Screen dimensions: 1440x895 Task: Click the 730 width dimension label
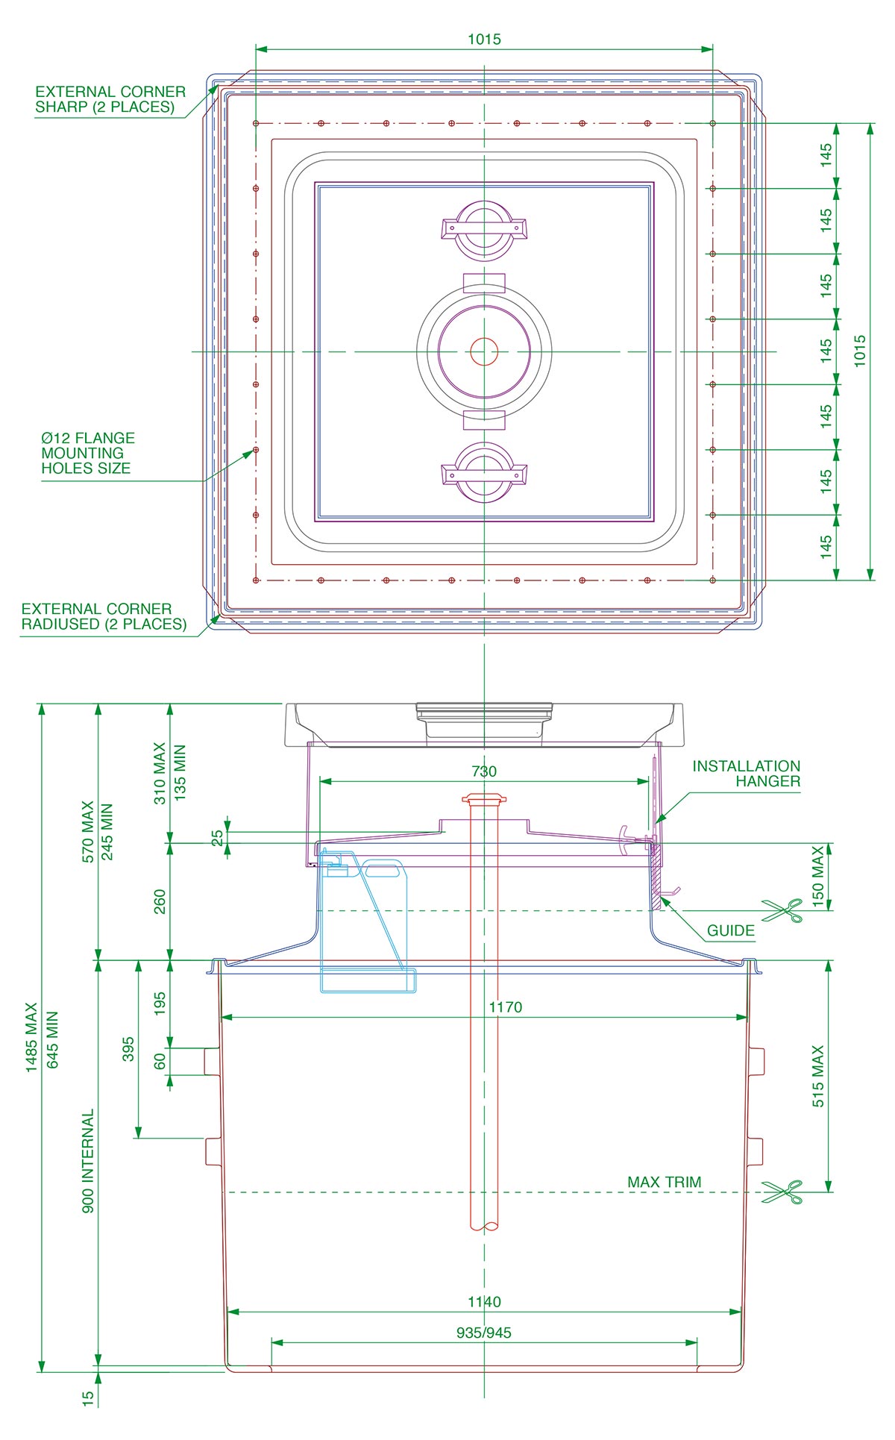[484, 771]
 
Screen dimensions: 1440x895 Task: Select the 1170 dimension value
[505, 1007]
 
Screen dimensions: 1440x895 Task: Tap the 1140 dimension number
[484, 1302]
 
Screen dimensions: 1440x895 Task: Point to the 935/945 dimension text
[484, 1333]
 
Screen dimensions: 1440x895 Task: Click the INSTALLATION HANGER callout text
[746, 774]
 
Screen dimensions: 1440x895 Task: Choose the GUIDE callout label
[730, 930]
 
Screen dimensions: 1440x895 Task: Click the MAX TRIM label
[664, 1183]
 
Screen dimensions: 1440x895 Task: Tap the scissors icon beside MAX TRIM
[782, 1192]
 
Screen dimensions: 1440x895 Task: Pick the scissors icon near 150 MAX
[782, 910]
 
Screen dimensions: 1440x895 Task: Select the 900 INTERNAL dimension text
[88, 1161]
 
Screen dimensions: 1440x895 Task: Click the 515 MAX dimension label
[818, 1076]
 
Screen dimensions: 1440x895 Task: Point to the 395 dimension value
[128, 1048]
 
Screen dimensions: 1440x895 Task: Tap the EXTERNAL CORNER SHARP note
[110, 99]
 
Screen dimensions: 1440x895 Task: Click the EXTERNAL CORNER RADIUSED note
[104, 617]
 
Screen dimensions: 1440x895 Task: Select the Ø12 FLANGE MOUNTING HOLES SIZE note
[87, 453]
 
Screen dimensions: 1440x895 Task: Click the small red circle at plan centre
[484, 351]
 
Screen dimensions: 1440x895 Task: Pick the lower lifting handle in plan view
[484, 473]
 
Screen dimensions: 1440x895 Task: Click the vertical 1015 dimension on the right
[860, 351]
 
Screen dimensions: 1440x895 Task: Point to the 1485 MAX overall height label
[31, 1037]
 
